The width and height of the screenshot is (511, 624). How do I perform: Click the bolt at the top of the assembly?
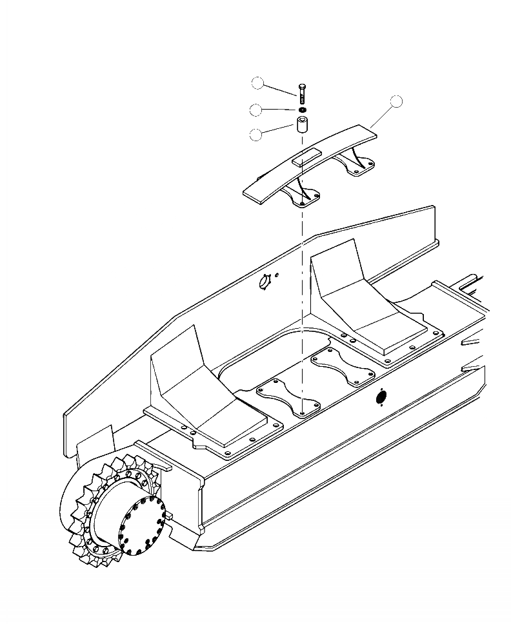(x=301, y=91)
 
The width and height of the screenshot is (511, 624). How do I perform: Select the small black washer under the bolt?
(x=301, y=110)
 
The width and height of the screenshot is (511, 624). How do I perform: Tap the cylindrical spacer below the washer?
(x=301, y=125)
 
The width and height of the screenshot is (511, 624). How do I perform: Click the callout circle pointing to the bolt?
(x=258, y=83)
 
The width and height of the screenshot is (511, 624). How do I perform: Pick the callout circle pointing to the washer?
(x=256, y=110)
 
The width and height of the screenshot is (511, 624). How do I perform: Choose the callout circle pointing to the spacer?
(x=256, y=135)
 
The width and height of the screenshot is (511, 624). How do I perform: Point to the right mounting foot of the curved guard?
(x=361, y=166)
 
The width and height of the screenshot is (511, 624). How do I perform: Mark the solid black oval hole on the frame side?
(x=381, y=398)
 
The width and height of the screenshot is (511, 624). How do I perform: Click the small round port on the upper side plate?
(x=264, y=282)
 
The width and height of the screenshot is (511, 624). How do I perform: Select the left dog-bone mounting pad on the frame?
(x=288, y=398)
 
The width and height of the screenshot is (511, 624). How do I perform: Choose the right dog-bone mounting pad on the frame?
(x=343, y=367)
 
